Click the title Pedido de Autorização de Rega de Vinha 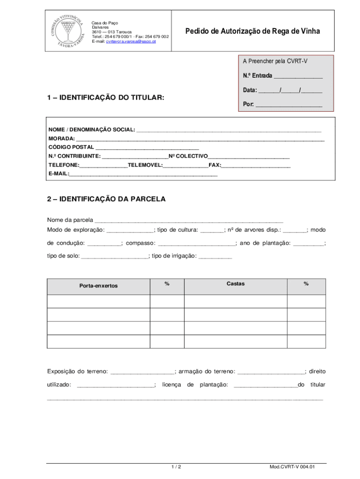coord(252,31)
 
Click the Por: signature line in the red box coord(289,105)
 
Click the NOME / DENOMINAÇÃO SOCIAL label coord(92,129)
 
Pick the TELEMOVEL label coord(145,165)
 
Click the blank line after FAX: coord(256,166)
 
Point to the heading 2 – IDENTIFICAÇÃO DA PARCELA coord(106,199)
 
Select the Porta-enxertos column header coord(98,286)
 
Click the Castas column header coord(235,283)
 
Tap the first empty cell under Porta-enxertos coord(98,301)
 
